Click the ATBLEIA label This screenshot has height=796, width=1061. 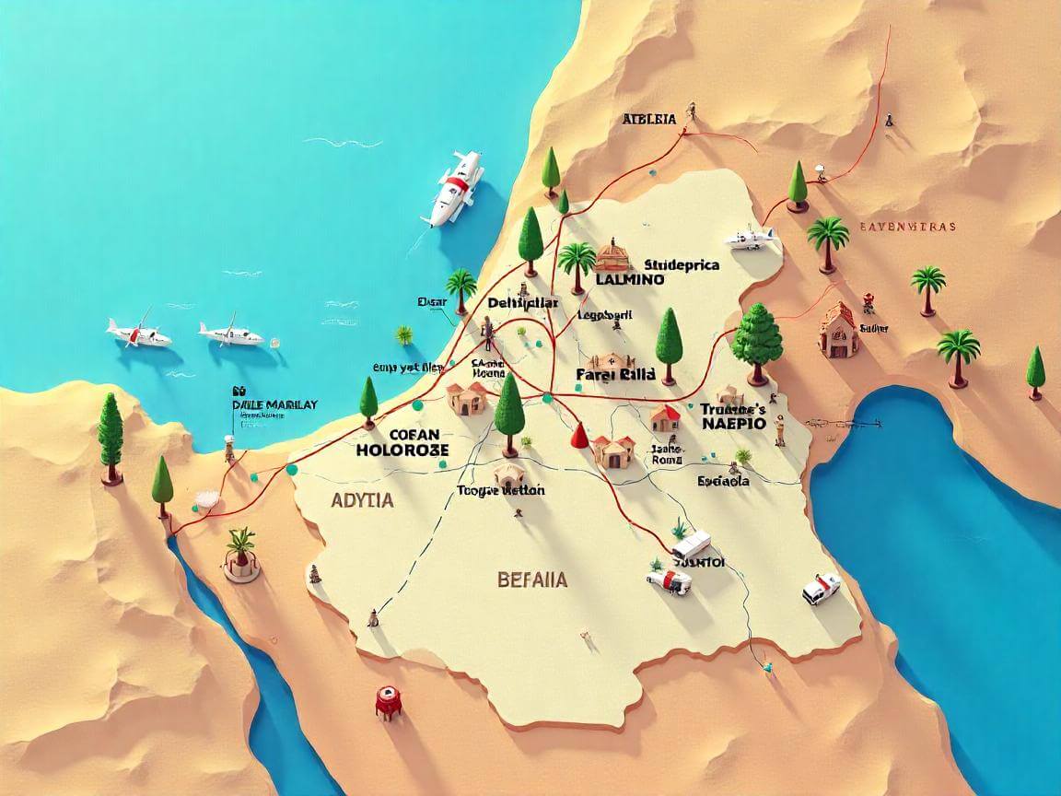tap(649, 119)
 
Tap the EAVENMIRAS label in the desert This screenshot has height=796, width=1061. tap(907, 226)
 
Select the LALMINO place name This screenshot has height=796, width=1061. tap(630, 280)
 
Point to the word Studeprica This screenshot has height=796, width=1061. tap(682, 264)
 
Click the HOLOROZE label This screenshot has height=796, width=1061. tap(402, 450)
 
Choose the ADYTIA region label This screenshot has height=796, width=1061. tap(360, 500)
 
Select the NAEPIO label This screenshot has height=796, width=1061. tap(733, 425)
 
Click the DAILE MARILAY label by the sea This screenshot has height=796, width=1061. tap(275, 404)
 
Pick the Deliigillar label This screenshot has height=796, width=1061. tap(522, 303)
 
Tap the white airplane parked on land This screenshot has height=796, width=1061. tap(752, 239)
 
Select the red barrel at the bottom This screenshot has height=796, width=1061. tap(388, 702)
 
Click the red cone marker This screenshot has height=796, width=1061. tap(579, 434)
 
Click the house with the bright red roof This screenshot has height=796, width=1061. tap(665, 418)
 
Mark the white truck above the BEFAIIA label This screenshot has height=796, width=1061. tap(691, 544)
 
